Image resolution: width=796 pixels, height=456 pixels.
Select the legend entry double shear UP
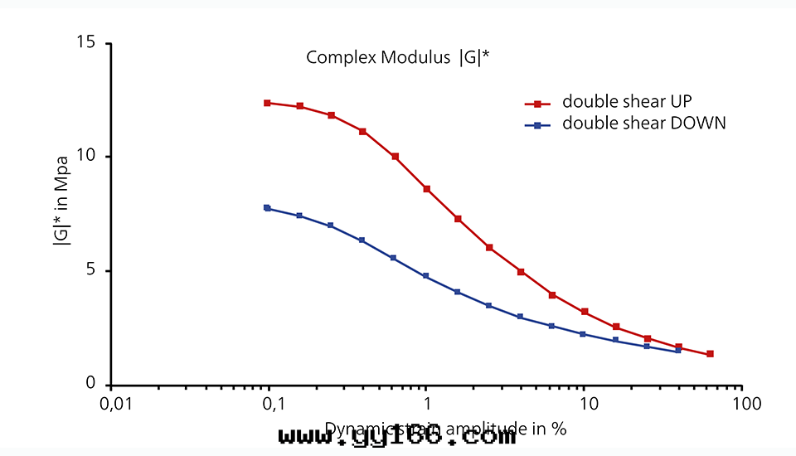click(x=627, y=102)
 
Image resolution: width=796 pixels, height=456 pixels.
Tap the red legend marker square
click(x=537, y=104)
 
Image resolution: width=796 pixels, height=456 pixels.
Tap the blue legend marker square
click(x=537, y=125)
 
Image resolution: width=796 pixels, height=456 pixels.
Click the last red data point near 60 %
click(x=710, y=354)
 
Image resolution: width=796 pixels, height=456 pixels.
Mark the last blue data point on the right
click(x=678, y=351)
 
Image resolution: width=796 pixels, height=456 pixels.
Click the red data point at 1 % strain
click(x=427, y=189)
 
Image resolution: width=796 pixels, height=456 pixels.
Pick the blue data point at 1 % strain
click(x=426, y=276)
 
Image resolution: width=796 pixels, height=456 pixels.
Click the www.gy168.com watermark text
click(x=397, y=436)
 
